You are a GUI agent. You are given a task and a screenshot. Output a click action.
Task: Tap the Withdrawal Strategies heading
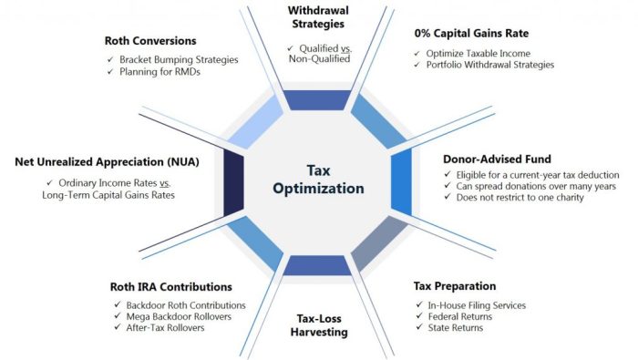click(318, 18)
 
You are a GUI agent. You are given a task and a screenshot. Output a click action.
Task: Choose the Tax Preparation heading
click(454, 286)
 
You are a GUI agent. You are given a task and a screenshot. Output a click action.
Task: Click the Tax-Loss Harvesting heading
click(321, 324)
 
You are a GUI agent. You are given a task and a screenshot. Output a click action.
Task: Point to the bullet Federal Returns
click(461, 316)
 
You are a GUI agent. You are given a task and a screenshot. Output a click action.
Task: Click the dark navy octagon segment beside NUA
click(232, 179)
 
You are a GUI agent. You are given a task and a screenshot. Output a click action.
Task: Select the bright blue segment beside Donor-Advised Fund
click(402, 179)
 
